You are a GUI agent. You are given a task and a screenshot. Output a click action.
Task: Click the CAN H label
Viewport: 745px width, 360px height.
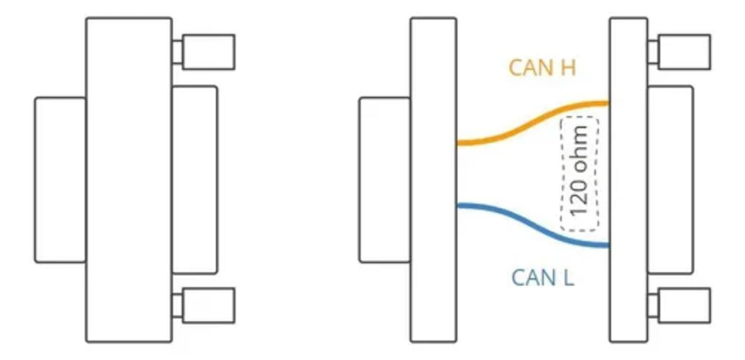542,68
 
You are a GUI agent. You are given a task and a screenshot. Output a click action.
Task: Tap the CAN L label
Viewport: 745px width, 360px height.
543,277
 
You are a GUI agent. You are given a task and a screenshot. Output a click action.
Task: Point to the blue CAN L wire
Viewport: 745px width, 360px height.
533,225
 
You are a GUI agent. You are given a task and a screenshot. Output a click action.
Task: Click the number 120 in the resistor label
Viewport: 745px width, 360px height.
579,199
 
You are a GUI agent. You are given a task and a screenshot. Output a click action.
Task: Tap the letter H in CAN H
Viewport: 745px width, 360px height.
569,68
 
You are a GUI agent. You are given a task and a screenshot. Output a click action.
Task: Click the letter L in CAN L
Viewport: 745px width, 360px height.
569,277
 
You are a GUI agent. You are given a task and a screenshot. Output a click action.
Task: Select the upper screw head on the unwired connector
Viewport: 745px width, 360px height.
209,52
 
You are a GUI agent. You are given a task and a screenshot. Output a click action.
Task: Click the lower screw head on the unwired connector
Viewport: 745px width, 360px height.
209,305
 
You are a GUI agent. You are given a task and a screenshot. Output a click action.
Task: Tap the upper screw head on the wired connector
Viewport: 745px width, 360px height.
685,52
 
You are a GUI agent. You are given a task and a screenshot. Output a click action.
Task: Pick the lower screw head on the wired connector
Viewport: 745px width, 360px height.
685,305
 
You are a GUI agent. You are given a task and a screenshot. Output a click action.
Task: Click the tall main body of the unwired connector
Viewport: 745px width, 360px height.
129,180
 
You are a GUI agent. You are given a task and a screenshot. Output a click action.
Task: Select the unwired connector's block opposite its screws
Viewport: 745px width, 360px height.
60,180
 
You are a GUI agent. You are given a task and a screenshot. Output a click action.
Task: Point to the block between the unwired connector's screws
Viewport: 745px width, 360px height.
195,180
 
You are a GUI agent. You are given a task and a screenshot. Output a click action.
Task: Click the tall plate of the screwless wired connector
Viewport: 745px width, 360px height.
433,180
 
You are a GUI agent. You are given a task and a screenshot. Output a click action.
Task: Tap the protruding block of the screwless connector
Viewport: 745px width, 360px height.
385,180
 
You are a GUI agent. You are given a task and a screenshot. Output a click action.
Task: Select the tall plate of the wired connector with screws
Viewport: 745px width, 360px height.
628,180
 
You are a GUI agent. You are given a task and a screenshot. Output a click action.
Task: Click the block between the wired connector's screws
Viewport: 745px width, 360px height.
670,180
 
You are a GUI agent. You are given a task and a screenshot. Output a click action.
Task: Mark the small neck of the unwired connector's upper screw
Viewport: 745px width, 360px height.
177,52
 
